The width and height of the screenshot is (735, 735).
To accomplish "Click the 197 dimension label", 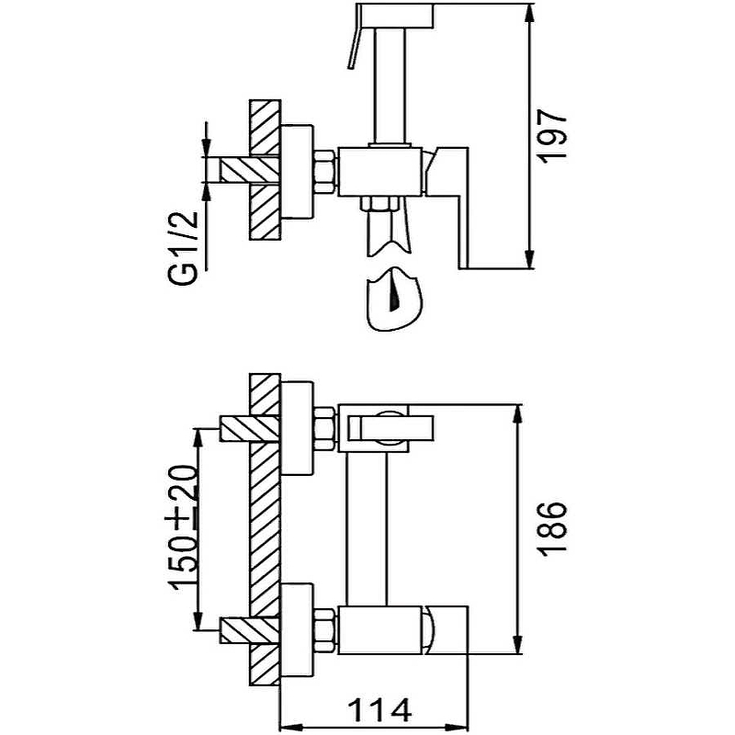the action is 553,136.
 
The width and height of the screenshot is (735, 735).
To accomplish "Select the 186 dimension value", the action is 553,529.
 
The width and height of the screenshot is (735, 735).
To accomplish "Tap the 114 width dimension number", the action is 380,710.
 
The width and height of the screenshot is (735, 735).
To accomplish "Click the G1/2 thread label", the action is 184,249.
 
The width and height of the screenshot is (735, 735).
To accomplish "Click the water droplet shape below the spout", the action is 394,300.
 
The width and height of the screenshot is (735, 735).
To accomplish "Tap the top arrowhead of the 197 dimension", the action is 530,13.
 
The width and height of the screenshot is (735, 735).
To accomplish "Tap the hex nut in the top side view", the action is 324,173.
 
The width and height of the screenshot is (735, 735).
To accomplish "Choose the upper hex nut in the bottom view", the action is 324,429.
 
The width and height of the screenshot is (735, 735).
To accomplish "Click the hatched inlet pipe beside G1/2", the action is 250,171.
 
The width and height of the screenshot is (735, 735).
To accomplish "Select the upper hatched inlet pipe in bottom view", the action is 250,428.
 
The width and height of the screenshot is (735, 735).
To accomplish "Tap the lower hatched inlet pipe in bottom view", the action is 250,630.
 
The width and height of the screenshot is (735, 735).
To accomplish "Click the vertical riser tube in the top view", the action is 390,85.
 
